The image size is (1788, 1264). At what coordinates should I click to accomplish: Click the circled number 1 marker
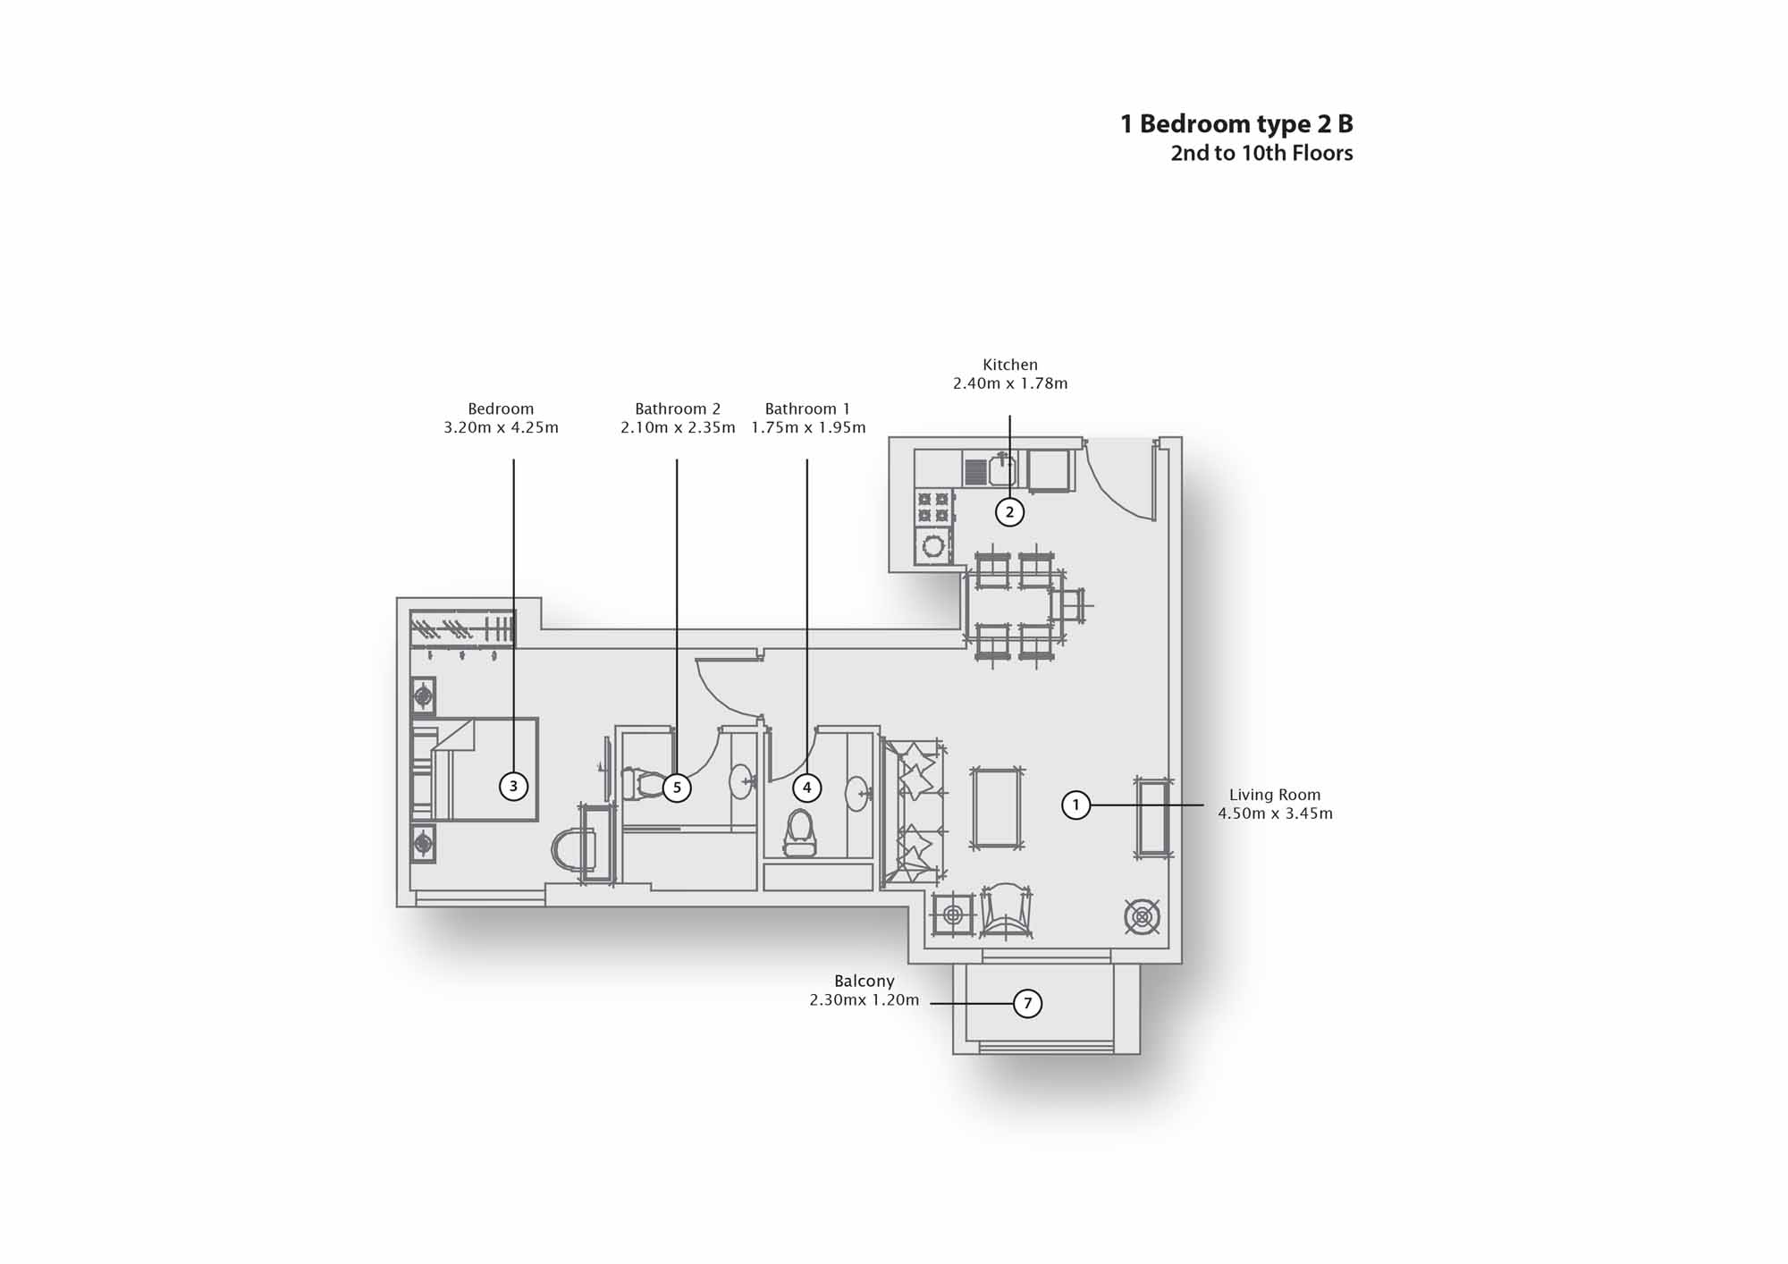(x=1075, y=805)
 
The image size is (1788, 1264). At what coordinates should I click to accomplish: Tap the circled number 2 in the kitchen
(x=1010, y=512)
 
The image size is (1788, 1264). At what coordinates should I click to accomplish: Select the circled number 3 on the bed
(x=513, y=787)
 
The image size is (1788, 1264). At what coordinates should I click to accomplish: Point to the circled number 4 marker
(x=807, y=788)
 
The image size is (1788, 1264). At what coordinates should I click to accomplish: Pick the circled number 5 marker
(x=677, y=788)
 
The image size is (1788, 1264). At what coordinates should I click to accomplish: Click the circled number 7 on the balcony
(x=1027, y=1003)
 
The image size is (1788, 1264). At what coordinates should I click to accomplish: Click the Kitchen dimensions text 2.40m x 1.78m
(x=1010, y=383)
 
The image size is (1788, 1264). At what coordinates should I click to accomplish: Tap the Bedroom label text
(x=501, y=409)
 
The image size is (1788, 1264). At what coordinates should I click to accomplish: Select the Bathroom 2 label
(x=678, y=409)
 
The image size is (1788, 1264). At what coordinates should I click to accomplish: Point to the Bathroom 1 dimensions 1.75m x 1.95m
(x=808, y=427)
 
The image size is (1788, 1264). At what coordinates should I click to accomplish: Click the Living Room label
(x=1275, y=795)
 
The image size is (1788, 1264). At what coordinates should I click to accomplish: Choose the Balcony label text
(x=864, y=981)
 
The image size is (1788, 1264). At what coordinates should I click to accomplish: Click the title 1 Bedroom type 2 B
(x=1236, y=123)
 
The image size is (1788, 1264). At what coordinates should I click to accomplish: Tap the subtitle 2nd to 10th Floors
(x=1261, y=153)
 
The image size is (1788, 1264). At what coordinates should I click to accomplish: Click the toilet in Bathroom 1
(x=800, y=833)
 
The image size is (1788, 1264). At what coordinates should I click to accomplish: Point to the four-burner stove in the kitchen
(x=933, y=507)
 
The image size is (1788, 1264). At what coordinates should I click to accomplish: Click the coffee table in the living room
(x=997, y=808)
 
